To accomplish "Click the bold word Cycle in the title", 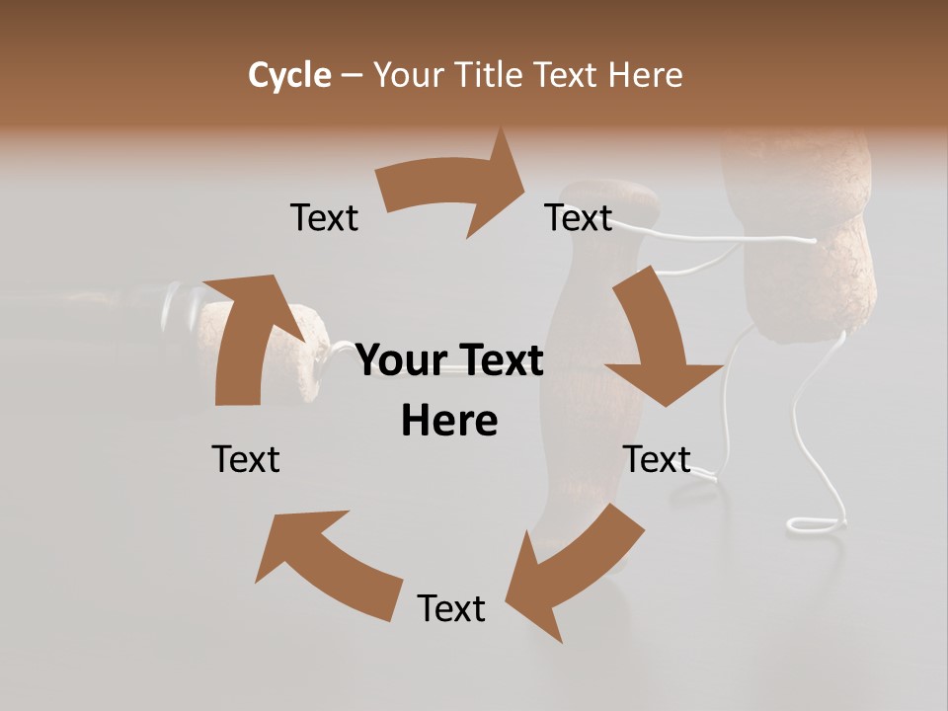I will [289, 75].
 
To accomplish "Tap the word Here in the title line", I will [646, 75].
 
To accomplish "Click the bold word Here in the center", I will [449, 421].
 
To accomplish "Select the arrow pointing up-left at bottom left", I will [325, 563].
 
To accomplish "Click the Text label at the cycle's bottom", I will [451, 608].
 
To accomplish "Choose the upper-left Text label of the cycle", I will [324, 217].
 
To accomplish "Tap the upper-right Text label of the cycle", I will [579, 217].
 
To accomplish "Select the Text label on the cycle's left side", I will [246, 459].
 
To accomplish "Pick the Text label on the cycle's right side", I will [657, 459].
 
